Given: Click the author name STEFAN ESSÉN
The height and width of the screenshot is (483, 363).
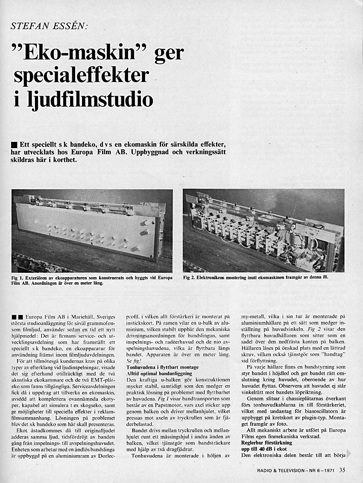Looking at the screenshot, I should point(49,26).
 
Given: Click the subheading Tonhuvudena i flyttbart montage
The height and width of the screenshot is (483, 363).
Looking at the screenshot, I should point(163,367).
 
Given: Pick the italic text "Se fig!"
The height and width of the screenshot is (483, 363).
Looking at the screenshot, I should point(134,361).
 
